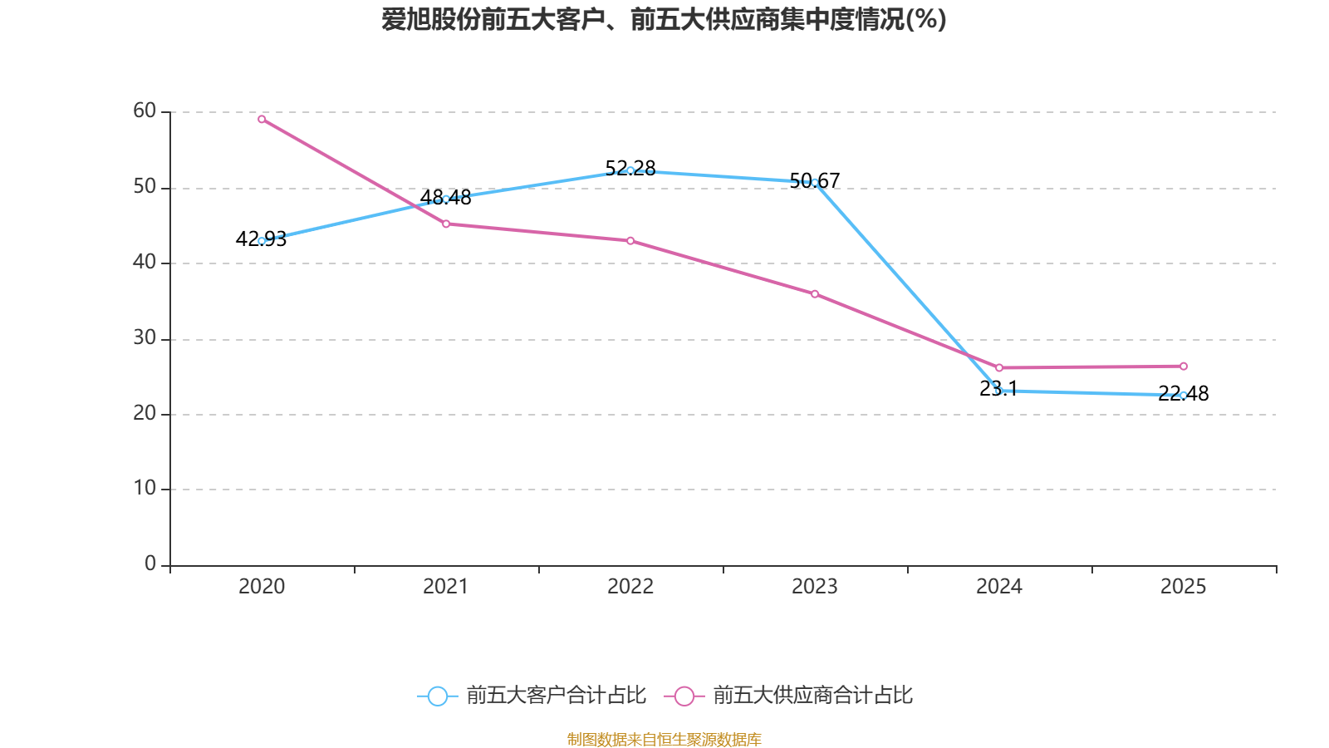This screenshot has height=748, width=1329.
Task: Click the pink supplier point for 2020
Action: pyautogui.click(x=262, y=119)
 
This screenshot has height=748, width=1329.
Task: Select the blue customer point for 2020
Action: pyautogui.click(x=262, y=241)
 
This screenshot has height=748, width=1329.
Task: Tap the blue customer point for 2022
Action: pyautogui.click(x=630, y=170)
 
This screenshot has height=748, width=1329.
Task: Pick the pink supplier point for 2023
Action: pyautogui.click(x=815, y=294)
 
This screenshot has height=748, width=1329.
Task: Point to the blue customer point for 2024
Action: pyautogui.click(x=999, y=391)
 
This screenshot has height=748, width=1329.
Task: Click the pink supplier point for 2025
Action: pyautogui.click(x=1184, y=366)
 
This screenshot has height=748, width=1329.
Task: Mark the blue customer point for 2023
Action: pyautogui.click(x=815, y=182)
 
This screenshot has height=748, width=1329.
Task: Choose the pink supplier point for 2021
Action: pyautogui.click(x=446, y=224)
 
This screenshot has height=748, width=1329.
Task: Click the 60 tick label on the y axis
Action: pyautogui.click(x=145, y=111)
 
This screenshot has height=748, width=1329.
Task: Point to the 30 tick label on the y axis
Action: pyautogui.click(x=145, y=337)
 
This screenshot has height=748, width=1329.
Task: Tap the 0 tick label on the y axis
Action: pyautogui.click(x=150, y=563)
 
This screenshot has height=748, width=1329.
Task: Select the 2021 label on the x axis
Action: pyautogui.click(x=446, y=587)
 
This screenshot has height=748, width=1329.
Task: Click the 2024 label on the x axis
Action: pyautogui.click(x=999, y=587)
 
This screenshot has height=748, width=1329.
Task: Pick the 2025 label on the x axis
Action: pyautogui.click(x=1183, y=587)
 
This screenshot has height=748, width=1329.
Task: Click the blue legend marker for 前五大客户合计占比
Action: pyautogui.click(x=438, y=696)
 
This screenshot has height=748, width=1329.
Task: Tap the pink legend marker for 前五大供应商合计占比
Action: pyautogui.click(x=684, y=696)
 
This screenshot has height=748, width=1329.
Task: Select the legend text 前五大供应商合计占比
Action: pyautogui.click(x=812, y=696)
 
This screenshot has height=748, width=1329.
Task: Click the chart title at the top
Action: pyautogui.click(x=664, y=19)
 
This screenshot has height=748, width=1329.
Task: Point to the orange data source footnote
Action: pyautogui.click(x=664, y=739)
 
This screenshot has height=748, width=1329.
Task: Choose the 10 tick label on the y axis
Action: pyautogui.click(x=145, y=488)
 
